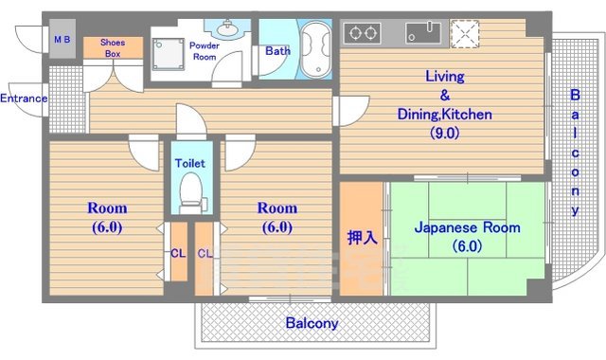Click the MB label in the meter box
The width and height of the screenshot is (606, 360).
click(x=62, y=40)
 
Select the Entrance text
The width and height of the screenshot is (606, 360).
click(x=24, y=99)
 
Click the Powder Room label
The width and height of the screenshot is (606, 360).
click(x=205, y=51)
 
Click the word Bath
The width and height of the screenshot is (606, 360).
click(x=277, y=51)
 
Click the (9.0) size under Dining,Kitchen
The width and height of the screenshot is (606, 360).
click(x=443, y=133)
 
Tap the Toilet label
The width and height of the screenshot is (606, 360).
click(x=190, y=163)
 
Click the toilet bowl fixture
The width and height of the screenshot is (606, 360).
click(x=191, y=189)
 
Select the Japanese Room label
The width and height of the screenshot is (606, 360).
click(x=454, y=227)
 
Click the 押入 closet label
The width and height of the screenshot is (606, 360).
click(x=362, y=236)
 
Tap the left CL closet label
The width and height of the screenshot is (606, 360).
click(x=177, y=253)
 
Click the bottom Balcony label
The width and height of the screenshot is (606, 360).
click(x=312, y=323)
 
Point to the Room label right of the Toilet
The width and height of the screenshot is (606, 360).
click(x=276, y=208)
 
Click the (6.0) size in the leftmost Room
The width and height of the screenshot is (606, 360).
click(x=107, y=227)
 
